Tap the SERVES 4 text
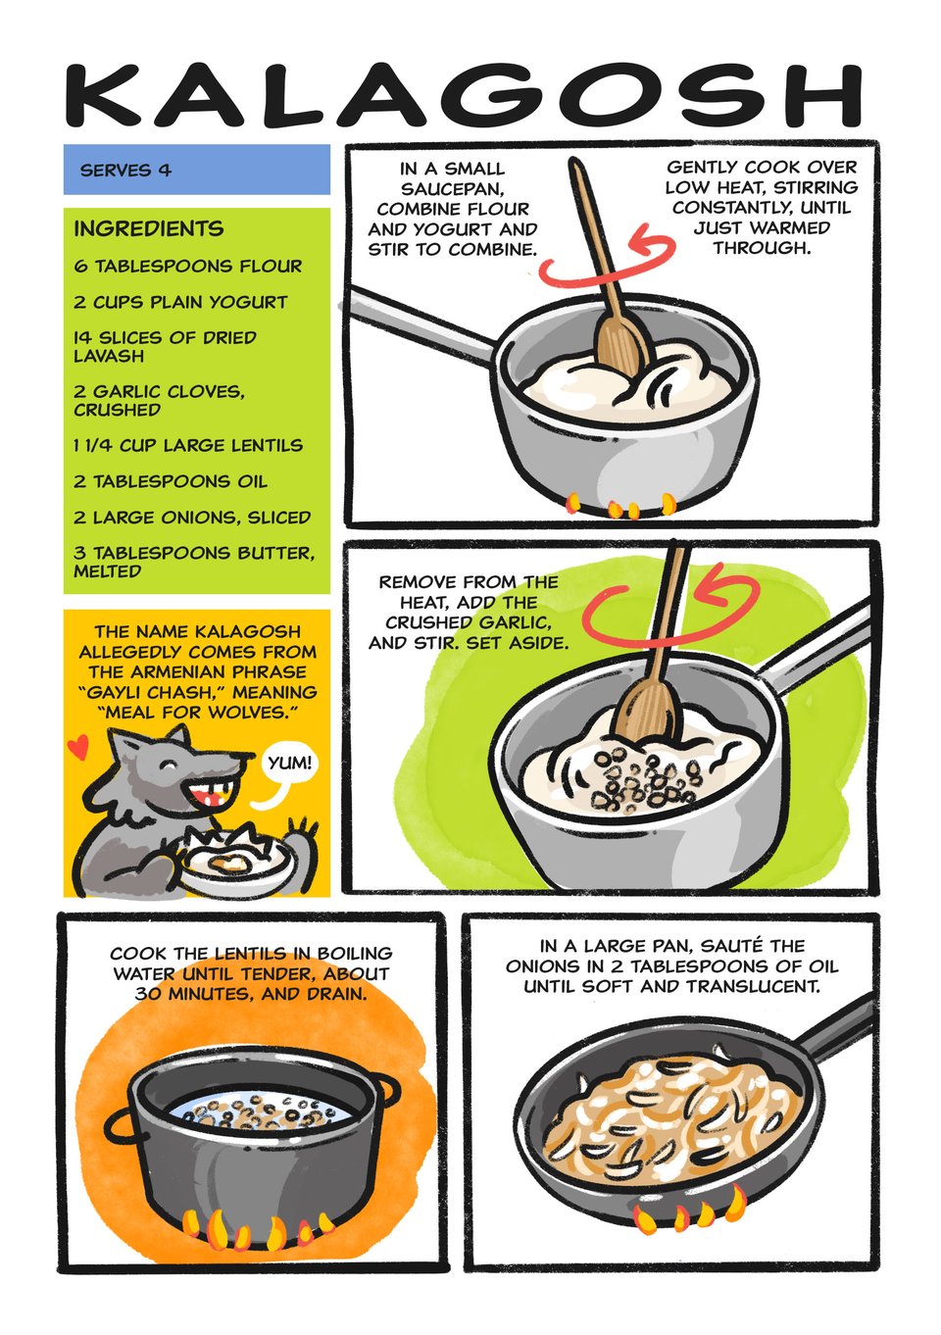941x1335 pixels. click(125, 171)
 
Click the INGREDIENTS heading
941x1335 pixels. click(149, 228)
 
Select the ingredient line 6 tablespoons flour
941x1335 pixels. click(188, 266)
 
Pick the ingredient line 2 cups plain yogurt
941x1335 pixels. click(180, 302)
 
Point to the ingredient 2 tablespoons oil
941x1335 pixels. click(171, 481)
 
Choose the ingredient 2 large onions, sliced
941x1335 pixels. click(192, 518)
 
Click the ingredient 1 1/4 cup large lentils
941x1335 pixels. click(188, 446)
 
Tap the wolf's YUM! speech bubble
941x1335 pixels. click(288, 765)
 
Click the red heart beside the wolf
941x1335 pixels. click(77, 746)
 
